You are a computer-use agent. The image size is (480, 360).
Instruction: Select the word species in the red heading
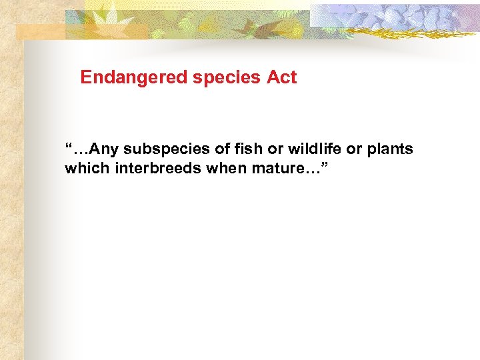(x=227, y=78)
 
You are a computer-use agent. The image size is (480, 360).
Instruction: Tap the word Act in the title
(x=281, y=78)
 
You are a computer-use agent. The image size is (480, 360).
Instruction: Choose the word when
(x=226, y=169)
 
